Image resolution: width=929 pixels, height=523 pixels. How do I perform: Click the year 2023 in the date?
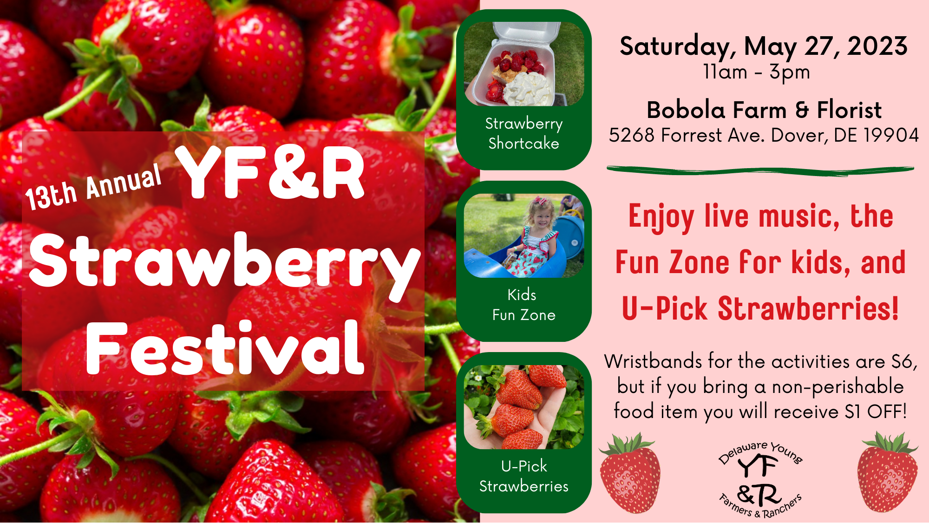tap(877, 46)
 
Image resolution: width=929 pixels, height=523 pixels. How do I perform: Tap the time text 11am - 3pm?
tap(757, 72)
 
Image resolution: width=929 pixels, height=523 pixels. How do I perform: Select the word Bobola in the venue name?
tap(686, 110)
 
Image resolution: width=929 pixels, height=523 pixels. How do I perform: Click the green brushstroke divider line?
tap(760, 170)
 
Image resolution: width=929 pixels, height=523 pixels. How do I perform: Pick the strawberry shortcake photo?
tap(524, 64)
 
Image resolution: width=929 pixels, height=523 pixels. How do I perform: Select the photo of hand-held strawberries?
tap(524, 407)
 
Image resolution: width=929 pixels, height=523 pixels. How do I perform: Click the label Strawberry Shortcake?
tap(524, 133)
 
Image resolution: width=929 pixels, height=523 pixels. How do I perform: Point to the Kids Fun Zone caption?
tap(524, 305)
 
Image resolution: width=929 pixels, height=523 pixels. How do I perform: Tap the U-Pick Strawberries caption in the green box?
tap(524, 476)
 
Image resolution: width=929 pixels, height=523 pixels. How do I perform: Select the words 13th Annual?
tap(93, 188)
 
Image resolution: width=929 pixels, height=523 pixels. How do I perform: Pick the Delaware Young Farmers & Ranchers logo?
tap(760, 479)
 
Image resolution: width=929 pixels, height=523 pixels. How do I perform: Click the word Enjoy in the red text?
tap(661, 217)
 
